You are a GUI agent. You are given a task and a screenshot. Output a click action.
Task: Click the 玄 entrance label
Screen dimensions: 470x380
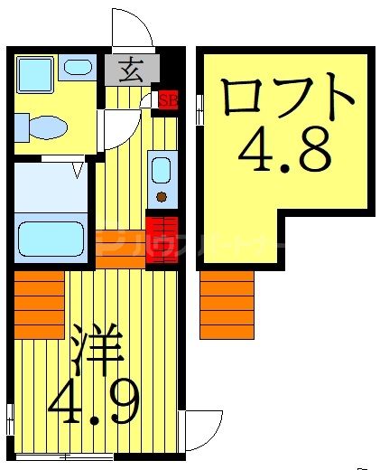(x=130, y=67)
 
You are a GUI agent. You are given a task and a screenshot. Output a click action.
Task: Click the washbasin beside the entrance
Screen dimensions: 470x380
(x=78, y=67)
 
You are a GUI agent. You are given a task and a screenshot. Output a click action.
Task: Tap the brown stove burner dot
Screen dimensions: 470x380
(x=162, y=196)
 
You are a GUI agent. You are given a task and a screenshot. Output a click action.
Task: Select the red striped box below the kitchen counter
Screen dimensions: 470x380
(x=162, y=239)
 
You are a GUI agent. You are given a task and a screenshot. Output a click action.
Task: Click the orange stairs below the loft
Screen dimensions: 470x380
(x=227, y=304)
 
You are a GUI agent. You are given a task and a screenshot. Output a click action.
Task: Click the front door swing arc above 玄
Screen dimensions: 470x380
(x=127, y=27)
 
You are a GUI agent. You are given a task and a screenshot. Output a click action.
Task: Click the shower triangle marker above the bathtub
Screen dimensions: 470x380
(x=79, y=167)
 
